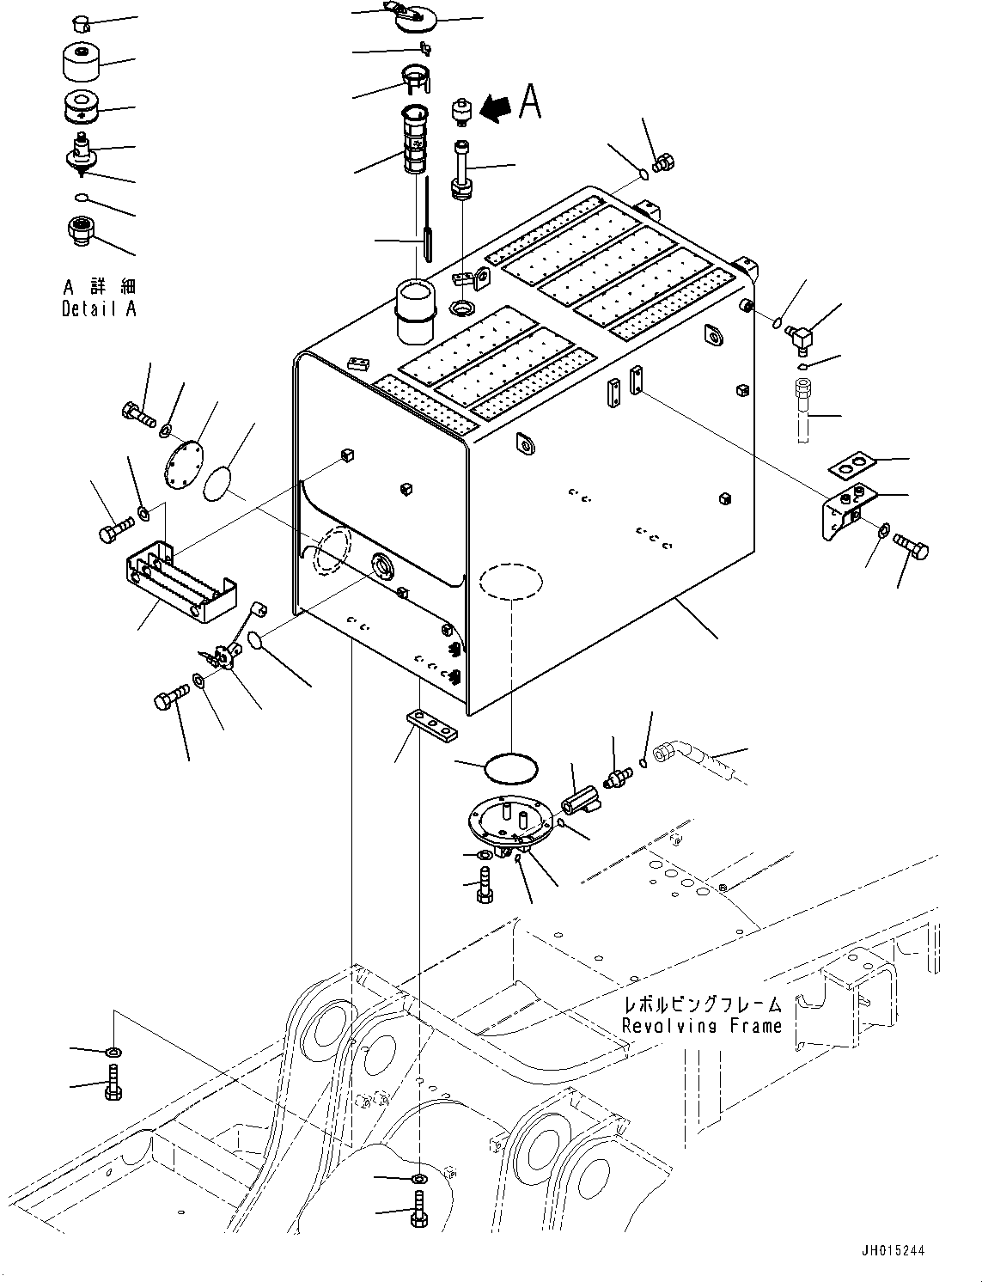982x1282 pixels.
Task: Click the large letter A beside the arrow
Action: tap(531, 102)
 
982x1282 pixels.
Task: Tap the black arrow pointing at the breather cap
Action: tap(497, 107)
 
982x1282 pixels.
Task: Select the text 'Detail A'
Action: tap(99, 308)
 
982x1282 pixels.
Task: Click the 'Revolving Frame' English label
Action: tap(702, 1025)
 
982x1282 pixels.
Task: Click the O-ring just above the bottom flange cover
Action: tap(510, 768)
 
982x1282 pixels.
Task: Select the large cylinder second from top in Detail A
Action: tap(82, 60)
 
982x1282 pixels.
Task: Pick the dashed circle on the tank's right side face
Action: tap(511, 582)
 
